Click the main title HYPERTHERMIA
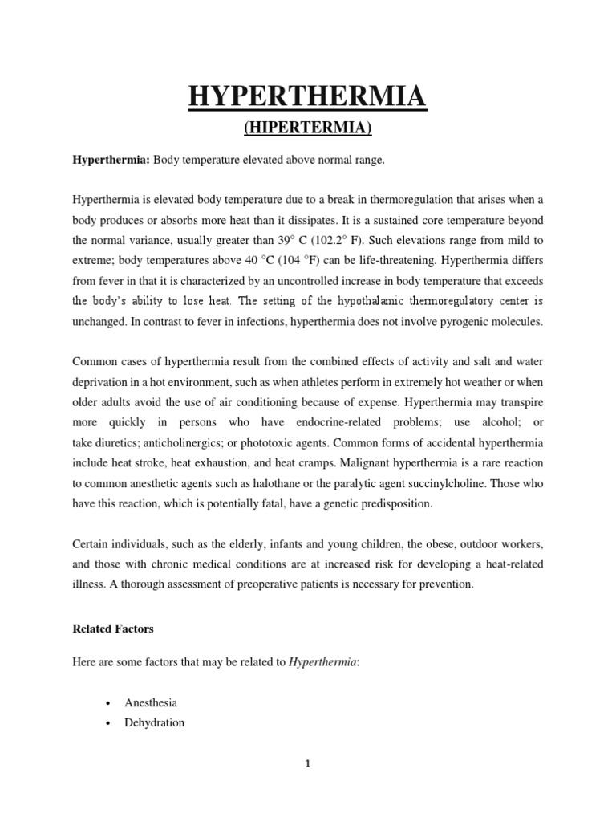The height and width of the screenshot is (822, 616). click(307, 98)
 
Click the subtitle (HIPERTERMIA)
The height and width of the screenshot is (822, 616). click(307, 128)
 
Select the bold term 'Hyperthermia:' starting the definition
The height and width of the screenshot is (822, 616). click(111, 161)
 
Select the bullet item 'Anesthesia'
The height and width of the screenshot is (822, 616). click(151, 702)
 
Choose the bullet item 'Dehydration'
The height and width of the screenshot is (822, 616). click(154, 722)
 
